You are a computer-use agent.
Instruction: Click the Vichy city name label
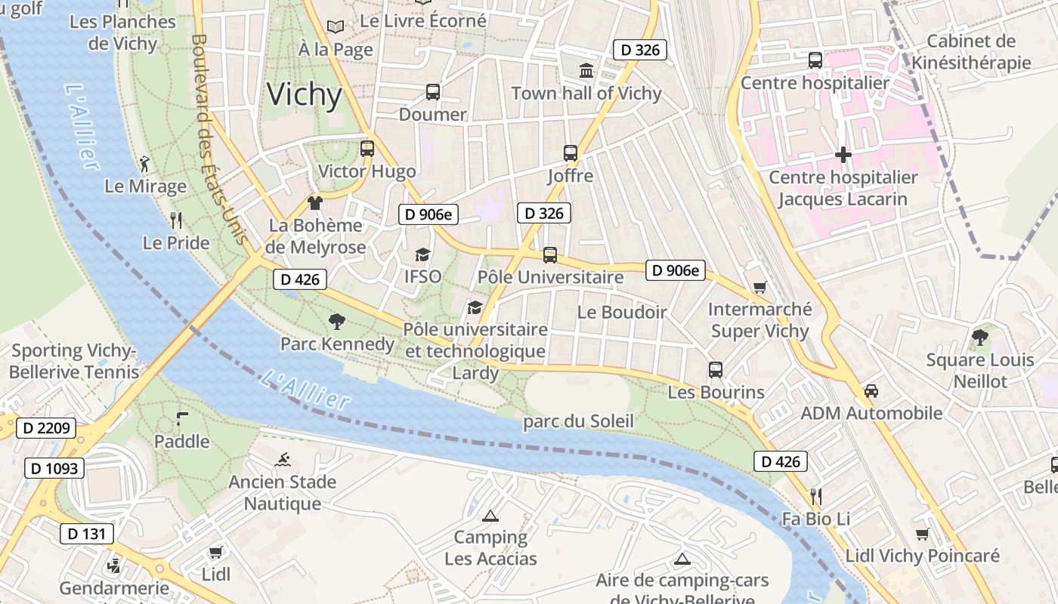pos(305,94)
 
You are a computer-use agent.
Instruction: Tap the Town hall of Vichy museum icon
pos(586,70)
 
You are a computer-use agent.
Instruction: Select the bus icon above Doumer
pos(432,92)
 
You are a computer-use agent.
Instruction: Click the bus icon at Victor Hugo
pos(367,149)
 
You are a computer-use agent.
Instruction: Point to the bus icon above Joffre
pos(571,153)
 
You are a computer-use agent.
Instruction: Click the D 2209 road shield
pos(46,428)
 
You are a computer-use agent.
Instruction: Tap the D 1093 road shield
pos(54,468)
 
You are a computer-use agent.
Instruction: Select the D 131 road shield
pos(87,534)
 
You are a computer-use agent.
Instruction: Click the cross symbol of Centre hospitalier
pos(843,155)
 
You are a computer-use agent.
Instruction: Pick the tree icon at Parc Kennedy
pos(337,322)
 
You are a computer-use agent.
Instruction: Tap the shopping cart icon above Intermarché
pos(759,288)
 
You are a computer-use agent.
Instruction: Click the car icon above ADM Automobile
pos(871,391)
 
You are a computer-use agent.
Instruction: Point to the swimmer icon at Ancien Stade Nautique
pos(283,459)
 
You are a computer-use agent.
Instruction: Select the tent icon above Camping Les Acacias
pos(490,516)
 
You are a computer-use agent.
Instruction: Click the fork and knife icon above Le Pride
pos(176,220)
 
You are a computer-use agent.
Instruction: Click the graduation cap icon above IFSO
pos(422,255)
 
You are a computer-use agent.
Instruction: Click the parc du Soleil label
pos(578,421)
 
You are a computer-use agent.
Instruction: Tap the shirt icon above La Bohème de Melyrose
pos(315,202)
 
